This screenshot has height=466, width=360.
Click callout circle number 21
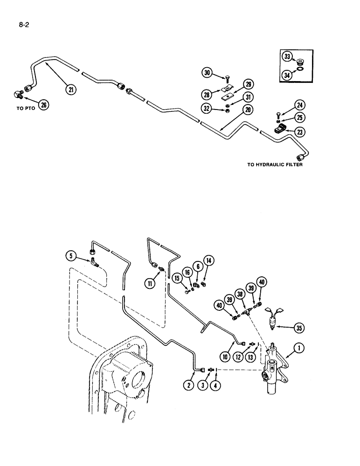(71, 89)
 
